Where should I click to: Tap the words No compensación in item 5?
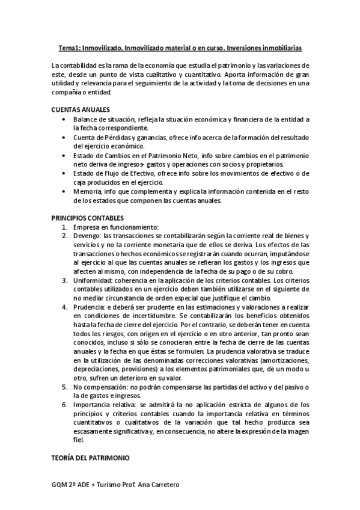point(100,386)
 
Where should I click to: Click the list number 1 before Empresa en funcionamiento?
point(64,227)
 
